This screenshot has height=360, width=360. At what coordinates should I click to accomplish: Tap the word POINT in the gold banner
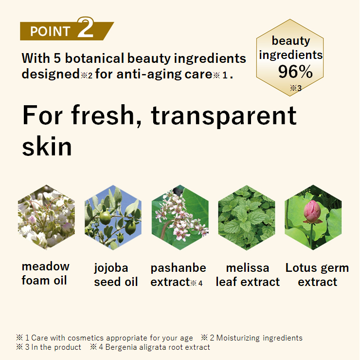50,31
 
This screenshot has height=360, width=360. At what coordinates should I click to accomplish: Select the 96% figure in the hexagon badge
295,72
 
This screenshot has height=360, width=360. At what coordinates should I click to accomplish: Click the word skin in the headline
47,147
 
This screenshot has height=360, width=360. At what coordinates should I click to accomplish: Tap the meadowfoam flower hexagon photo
46,217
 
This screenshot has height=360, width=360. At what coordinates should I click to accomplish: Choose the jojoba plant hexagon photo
113,217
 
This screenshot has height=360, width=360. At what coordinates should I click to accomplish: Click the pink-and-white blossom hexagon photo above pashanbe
180,217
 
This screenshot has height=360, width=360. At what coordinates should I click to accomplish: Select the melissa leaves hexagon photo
247,217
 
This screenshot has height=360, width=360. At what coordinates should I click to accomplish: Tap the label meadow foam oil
45,274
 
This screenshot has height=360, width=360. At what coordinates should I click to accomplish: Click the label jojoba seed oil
116,275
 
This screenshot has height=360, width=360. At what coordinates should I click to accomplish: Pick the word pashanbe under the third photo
179,268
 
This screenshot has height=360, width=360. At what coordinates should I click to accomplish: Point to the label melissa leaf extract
248,275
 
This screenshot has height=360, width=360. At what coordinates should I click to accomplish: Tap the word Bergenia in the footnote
120,347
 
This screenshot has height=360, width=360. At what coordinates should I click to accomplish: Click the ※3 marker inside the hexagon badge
296,88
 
